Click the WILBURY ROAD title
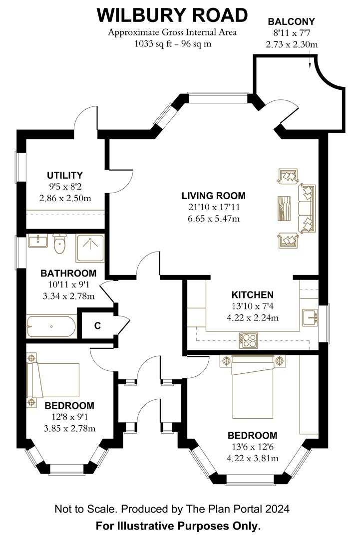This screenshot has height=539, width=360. [172, 15]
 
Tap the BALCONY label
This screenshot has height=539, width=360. [292, 21]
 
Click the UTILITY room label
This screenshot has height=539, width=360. [65, 175]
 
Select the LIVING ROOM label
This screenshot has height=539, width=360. [214, 196]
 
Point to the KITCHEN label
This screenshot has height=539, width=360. [252, 294]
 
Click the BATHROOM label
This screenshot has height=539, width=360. [68, 273]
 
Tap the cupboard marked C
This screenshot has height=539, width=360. [97, 326]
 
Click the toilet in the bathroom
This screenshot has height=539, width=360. [60, 244]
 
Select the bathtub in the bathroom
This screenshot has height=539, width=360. [51, 327]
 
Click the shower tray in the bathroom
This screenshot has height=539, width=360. [90, 248]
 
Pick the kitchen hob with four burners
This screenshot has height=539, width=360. [248, 340]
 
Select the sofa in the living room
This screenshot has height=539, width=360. [306, 208]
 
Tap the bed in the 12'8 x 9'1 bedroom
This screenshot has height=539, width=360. [55, 379]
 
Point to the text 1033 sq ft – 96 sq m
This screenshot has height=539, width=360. [172, 43]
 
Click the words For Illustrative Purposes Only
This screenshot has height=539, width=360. [178, 526]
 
